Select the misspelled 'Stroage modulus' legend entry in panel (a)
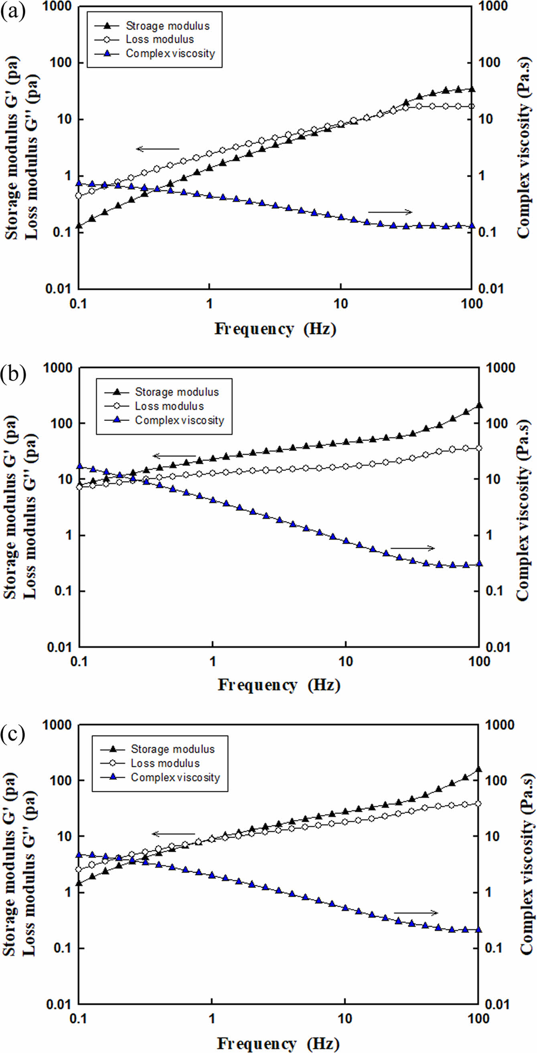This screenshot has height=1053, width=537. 168,26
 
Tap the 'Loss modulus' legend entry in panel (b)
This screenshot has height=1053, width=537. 169,406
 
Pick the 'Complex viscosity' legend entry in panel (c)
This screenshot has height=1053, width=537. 175,777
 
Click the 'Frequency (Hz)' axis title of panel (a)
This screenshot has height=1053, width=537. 275,329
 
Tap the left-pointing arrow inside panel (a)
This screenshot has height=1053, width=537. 158,149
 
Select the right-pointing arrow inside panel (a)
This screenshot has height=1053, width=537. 390,212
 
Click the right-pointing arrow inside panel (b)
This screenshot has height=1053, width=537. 413,548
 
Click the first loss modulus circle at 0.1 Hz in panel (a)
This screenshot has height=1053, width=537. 79,195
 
